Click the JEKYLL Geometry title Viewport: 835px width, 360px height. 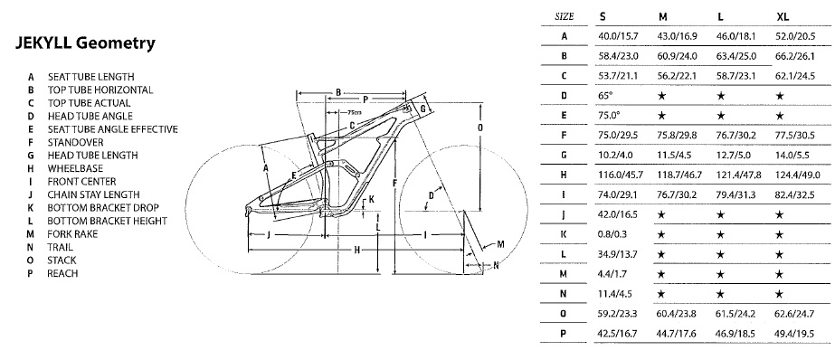85,43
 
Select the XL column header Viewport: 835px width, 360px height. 783,16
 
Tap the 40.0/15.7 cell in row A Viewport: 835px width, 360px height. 618,36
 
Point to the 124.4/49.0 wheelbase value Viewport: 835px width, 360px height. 798,175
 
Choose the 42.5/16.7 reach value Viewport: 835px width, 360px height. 618,334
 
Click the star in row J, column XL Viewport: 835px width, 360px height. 780,214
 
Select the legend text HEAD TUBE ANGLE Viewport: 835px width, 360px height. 90,116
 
